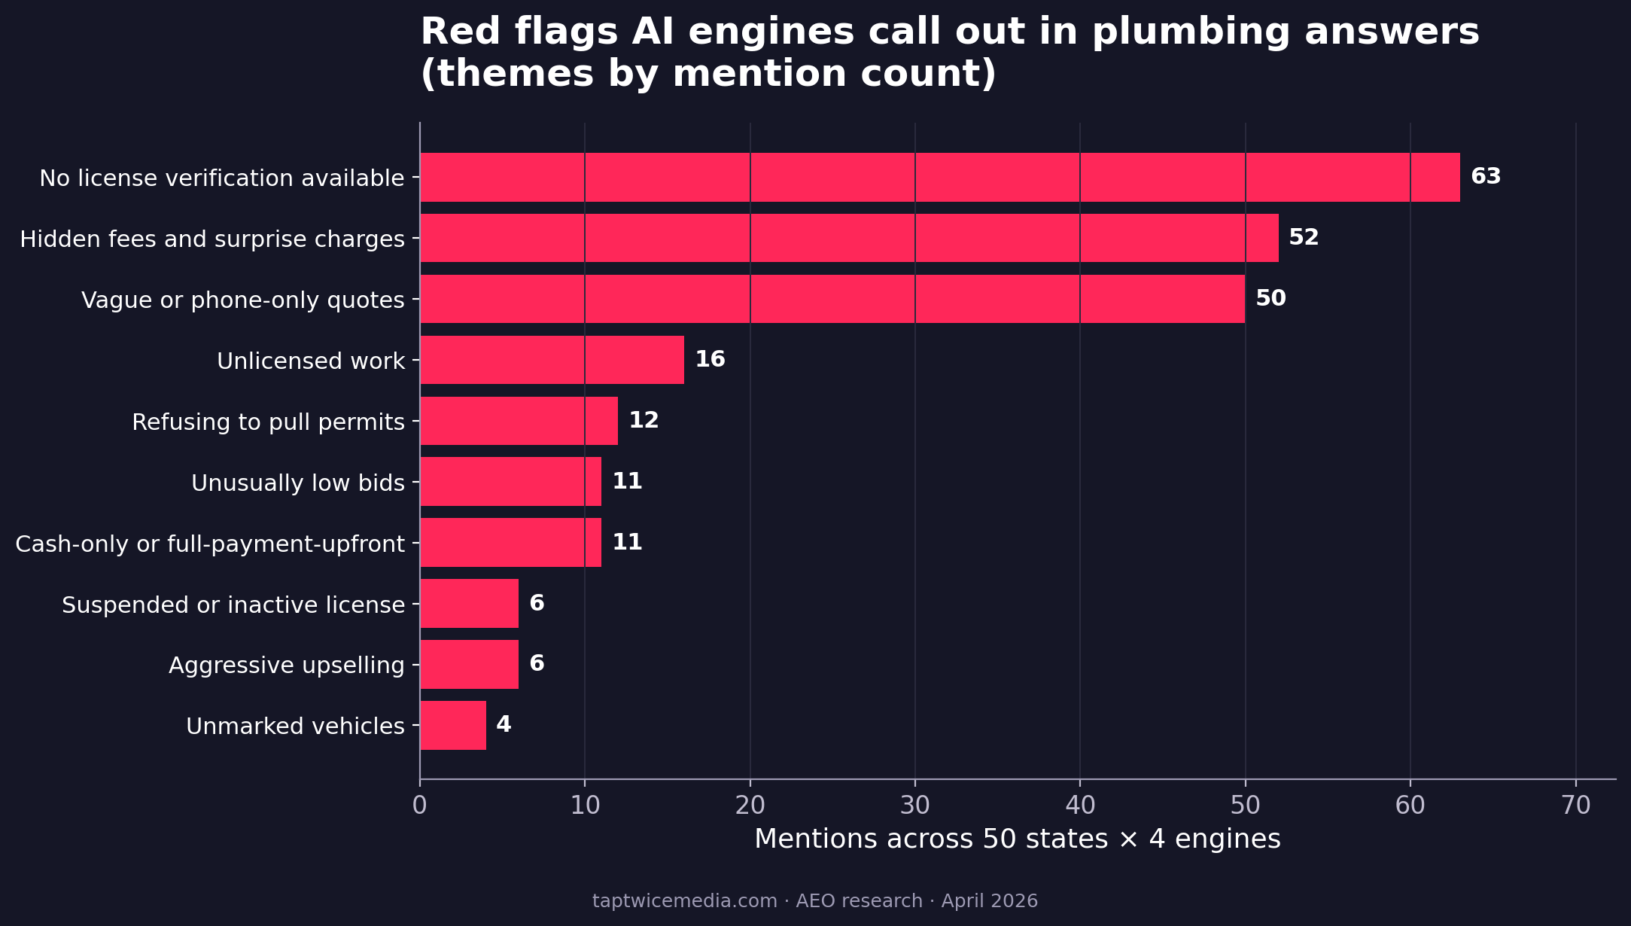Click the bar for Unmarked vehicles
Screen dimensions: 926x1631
click(453, 725)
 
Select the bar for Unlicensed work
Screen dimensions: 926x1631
click(552, 360)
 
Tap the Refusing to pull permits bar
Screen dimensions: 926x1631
click(519, 421)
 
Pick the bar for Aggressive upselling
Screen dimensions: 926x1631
click(469, 664)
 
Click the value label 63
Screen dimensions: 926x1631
click(1486, 177)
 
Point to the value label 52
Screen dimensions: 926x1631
click(1304, 238)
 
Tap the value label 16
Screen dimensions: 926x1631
click(710, 359)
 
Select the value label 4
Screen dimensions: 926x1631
click(504, 725)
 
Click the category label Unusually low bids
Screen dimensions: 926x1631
click(298, 483)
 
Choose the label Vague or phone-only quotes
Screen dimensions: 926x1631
click(243, 300)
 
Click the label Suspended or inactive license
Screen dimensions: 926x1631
click(233, 605)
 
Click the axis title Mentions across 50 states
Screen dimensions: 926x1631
click(1017, 839)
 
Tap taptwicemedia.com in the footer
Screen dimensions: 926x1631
click(684, 901)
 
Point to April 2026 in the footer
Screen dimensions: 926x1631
click(989, 901)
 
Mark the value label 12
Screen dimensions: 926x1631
click(644, 420)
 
